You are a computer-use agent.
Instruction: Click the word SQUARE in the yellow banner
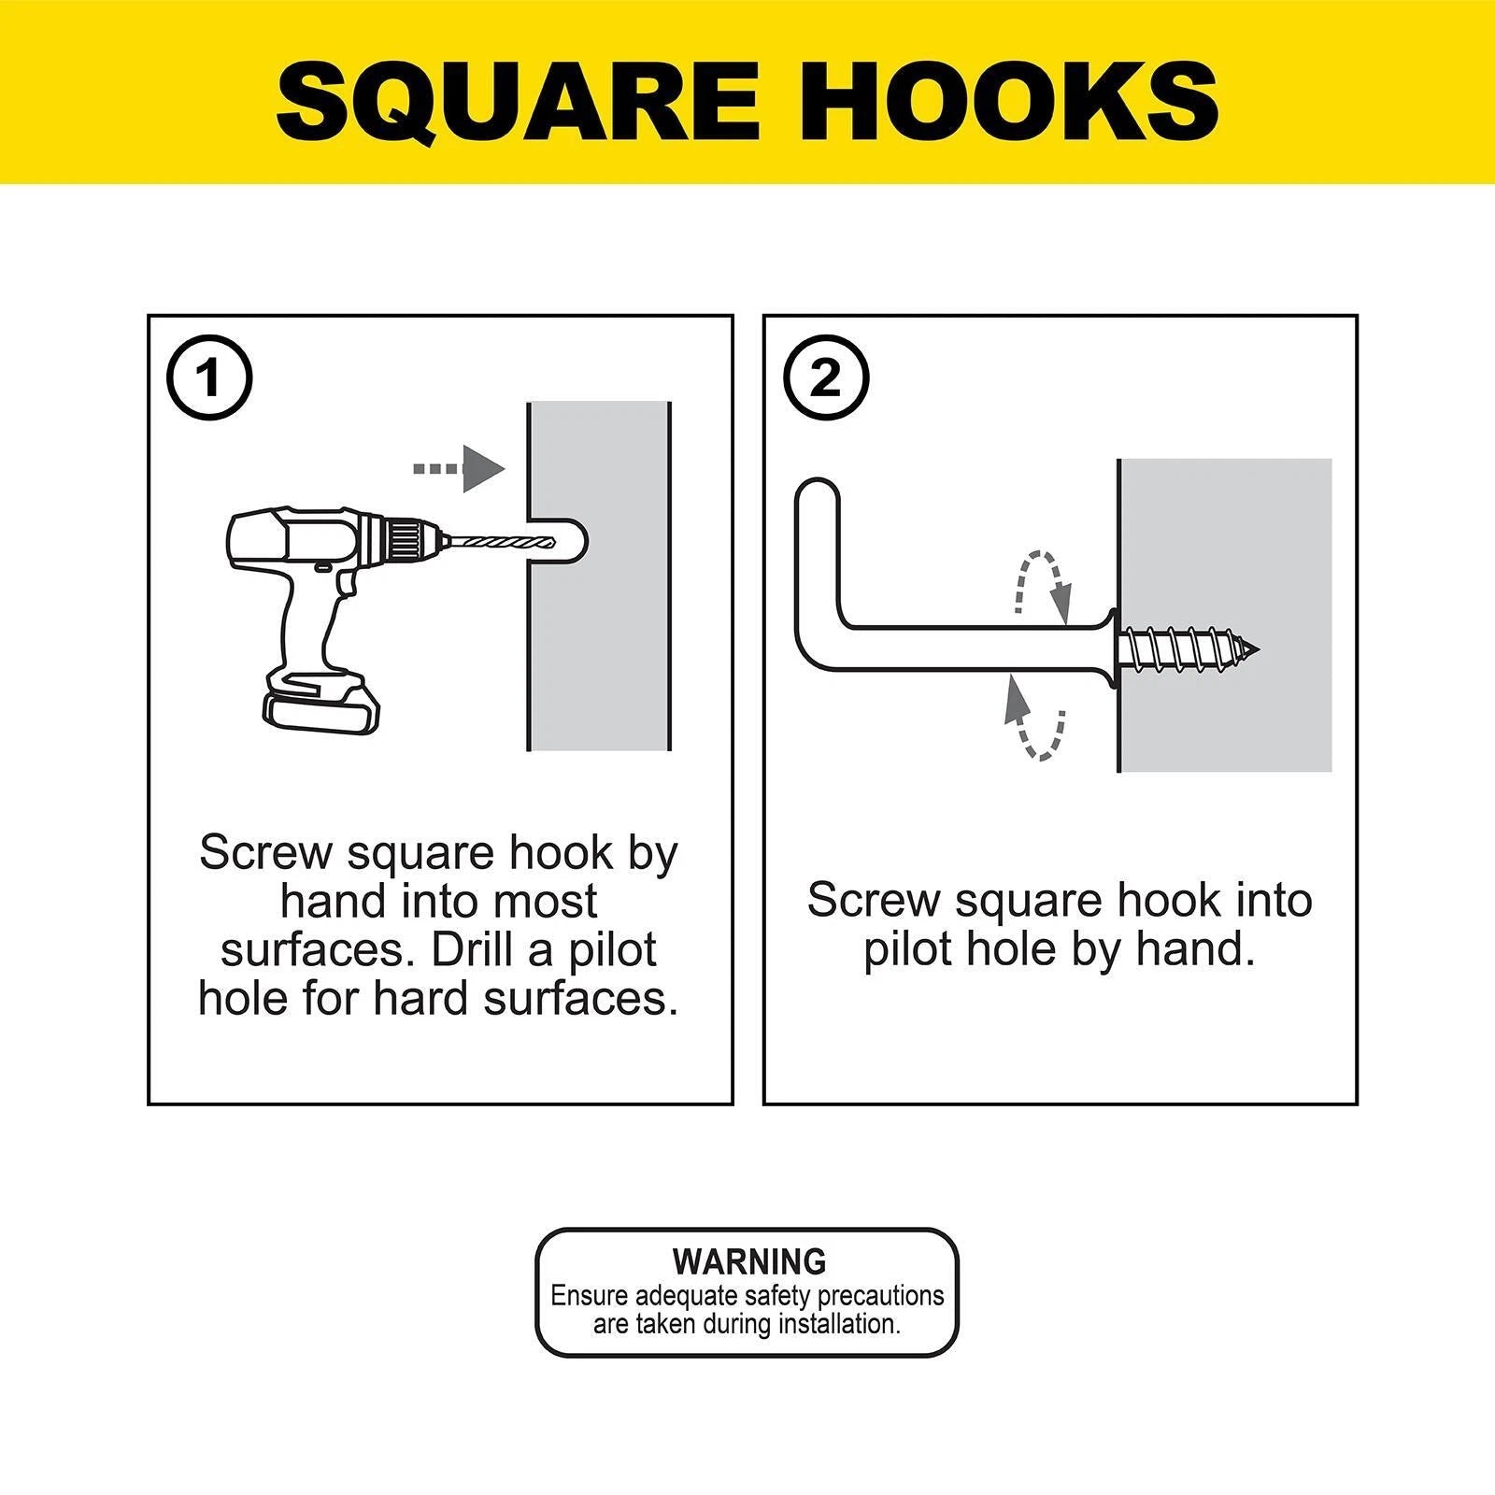point(519,100)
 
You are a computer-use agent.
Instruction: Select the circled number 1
point(208,378)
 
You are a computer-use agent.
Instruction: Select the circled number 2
point(826,378)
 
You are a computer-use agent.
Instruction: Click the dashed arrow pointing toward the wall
point(459,468)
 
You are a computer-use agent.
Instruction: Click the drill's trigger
point(347,584)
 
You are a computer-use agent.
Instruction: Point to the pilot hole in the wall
point(558,542)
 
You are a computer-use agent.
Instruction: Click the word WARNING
point(749,1261)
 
